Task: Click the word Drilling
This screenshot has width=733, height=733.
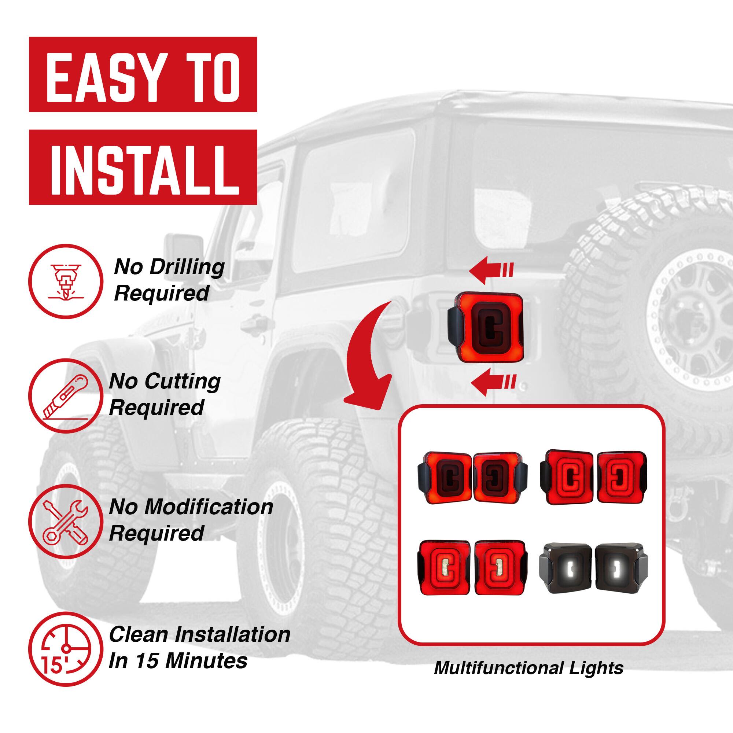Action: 187,267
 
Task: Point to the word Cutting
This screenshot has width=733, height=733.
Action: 183,381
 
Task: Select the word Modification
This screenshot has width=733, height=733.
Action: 209,507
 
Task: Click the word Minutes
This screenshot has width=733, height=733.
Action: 206,660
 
